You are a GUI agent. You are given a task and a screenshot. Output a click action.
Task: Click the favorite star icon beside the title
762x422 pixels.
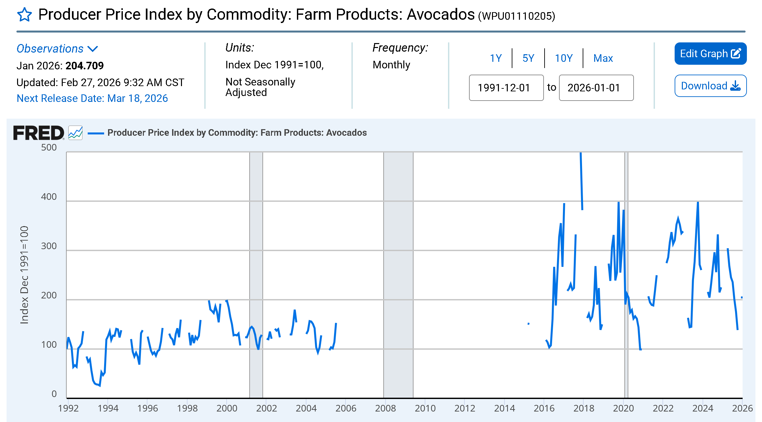pyautogui.click(x=24, y=15)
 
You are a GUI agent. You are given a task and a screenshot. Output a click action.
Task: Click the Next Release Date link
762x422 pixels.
pyautogui.click(x=92, y=98)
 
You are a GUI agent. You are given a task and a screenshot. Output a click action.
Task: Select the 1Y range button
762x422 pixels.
pyautogui.click(x=496, y=58)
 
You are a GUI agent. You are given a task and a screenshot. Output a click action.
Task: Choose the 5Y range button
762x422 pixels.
pyautogui.click(x=528, y=58)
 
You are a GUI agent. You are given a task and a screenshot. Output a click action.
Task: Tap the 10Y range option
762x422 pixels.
pyautogui.click(x=564, y=58)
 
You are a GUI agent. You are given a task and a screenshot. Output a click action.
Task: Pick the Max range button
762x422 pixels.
pyautogui.click(x=603, y=58)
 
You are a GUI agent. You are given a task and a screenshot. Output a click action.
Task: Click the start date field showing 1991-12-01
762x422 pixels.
pyautogui.click(x=506, y=88)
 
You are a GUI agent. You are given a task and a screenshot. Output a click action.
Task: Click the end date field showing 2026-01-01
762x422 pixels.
pyautogui.click(x=596, y=88)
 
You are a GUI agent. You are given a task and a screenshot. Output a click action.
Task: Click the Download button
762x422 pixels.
pyautogui.click(x=710, y=86)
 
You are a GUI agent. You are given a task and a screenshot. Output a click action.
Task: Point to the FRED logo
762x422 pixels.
pyautogui.click(x=38, y=133)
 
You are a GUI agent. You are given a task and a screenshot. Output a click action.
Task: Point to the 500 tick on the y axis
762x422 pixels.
pyautogui.click(x=49, y=148)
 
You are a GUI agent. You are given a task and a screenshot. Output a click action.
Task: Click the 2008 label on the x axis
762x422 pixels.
pyautogui.click(x=385, y=408)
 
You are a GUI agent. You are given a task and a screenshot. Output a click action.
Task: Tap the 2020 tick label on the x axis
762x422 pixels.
pyautogui.click(x=623, y=408)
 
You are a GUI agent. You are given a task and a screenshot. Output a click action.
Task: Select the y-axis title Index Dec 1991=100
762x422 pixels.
pyautogui.click(x=24, y=275)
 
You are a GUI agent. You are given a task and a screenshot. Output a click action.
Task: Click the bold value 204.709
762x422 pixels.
pyautogui.click(x=85, y=66)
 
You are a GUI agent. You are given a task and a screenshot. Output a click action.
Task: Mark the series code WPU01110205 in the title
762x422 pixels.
pyautogui.click(x=517, y=16)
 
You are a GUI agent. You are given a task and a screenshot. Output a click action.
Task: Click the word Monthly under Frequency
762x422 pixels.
pyautogui.click(x=391, y=65)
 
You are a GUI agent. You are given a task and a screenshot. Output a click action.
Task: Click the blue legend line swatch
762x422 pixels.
pyautogui.click(x=96, y=133)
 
